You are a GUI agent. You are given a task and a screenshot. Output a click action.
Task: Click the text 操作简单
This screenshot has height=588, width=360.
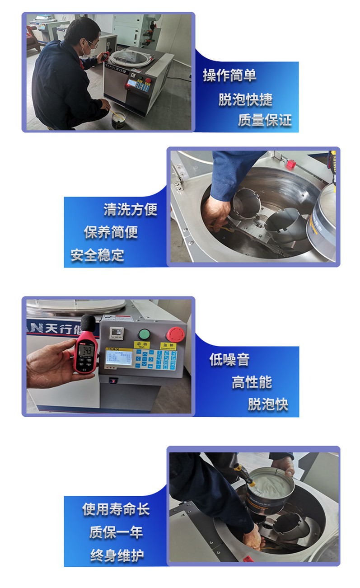pos(229,75)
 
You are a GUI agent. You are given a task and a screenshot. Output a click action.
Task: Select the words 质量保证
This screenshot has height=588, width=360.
pos(265,120)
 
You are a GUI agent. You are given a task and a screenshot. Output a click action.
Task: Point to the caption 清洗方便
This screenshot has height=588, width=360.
pos(131,209)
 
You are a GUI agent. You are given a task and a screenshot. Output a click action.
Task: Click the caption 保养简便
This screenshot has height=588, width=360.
pos(111,232)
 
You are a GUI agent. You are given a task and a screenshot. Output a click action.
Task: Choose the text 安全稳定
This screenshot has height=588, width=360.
pos(97,255)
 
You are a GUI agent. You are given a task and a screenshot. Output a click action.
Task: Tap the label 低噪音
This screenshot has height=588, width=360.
pos(229,360)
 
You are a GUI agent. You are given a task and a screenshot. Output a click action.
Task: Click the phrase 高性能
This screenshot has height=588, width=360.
pos(252,382)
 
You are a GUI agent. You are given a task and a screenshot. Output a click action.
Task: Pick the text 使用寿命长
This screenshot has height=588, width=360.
pos(116,509)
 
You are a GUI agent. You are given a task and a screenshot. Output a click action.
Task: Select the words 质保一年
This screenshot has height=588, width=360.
pos(116,532)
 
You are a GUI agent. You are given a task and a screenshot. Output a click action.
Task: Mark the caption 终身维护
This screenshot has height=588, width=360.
pos(116,555)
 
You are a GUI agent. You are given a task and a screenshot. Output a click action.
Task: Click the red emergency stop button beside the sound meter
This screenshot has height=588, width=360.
pos(174,334)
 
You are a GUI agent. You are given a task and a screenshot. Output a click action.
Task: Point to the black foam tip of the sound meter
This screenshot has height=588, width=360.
pos(88,322)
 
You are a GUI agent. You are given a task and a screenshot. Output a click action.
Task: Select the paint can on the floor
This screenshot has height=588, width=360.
pos(119,121)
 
